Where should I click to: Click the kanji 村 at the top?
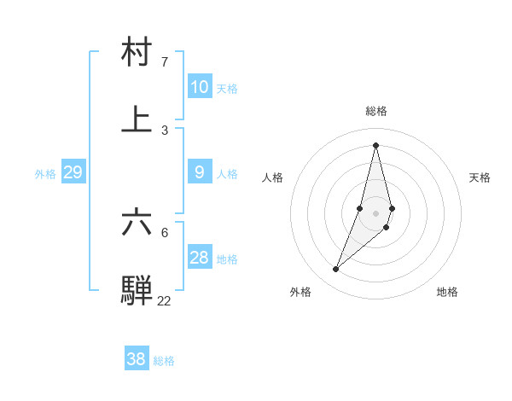click(137, 52)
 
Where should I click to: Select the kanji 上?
click(137, 119)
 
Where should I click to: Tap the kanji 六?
click(137, 222)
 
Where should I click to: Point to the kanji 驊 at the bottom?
click(137, 288)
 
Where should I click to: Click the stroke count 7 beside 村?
click(165, 62)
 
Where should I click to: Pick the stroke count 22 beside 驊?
click(164, 300)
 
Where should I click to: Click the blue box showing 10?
click(199, 87)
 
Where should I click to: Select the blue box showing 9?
click(199, 172)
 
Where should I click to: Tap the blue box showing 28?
click(199, 258)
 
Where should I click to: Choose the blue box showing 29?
click(73, 172)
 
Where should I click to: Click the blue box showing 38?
click(136, 359)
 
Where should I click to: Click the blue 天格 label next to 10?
click(227, 89)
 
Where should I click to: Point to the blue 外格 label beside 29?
click(45, 174)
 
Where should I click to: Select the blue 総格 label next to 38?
click(164, 361)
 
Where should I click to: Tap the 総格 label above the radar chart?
click(376, 111)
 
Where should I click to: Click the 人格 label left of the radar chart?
click(272, 177)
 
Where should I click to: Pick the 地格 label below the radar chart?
click(447, 292)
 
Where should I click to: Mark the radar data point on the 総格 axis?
click(376, 145)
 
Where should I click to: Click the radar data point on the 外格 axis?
click(336, 270)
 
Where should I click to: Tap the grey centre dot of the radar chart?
click(376, 212)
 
